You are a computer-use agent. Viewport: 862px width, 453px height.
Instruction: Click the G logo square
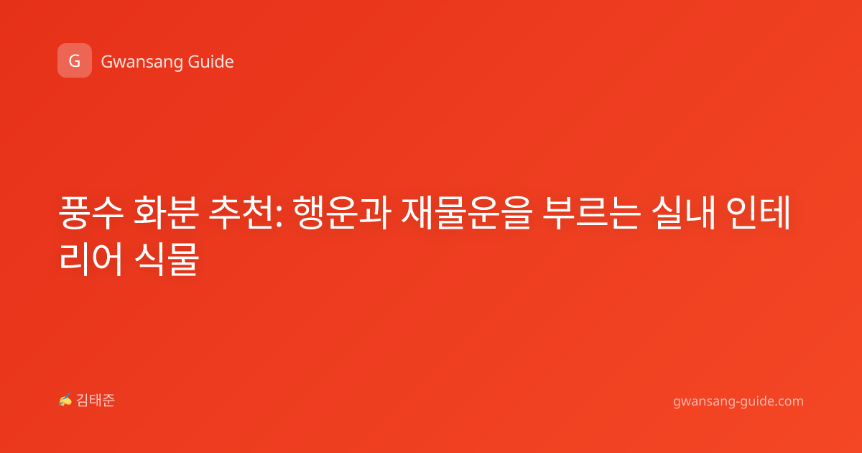coord(75,60)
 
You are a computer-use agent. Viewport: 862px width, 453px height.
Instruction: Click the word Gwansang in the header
coord(142,62)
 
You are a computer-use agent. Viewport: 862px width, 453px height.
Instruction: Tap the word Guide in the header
coord(210,61)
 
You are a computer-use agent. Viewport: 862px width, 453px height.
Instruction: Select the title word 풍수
coord(91,213)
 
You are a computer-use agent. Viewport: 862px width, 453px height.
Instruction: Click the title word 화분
coord(166,213)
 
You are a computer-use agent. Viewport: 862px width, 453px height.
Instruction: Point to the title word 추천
coord(241,213)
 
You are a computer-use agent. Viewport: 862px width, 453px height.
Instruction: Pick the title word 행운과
coord(342,213)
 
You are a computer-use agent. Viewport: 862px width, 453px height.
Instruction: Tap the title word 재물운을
coord(466,213)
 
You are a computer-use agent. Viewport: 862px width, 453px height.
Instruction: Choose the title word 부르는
coord(591,213)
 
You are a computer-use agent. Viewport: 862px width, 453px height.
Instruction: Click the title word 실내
coord(683,213)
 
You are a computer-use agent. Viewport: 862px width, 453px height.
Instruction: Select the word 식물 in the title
coord(167,259)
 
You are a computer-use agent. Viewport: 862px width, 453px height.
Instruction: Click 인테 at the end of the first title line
coord(758,213)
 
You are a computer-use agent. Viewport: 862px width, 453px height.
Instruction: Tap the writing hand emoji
coord(65,400)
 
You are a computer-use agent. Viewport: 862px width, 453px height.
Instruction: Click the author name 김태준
coord(96,401)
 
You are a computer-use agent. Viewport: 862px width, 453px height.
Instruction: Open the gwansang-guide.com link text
coord(738,401)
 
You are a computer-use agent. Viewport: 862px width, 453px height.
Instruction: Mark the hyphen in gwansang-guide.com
coord(737,402)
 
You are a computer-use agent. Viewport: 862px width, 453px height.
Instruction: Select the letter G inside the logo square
coord(74,61)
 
